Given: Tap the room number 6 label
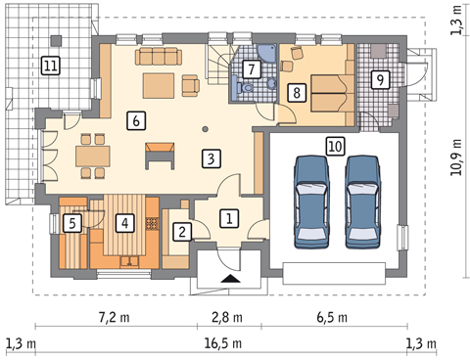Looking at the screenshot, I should [x=136, y=121].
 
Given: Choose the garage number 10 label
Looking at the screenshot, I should [x=335, y=145].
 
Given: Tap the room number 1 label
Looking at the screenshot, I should [x=227, y=217].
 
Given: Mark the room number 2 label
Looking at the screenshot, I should [x=181, y=232].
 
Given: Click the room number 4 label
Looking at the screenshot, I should [x=123, y=222].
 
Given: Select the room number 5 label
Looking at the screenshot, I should [x=71, y=223].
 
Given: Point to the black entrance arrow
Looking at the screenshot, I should [x=228, y=279].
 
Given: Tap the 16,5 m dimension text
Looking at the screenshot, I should [x=228, y=343].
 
